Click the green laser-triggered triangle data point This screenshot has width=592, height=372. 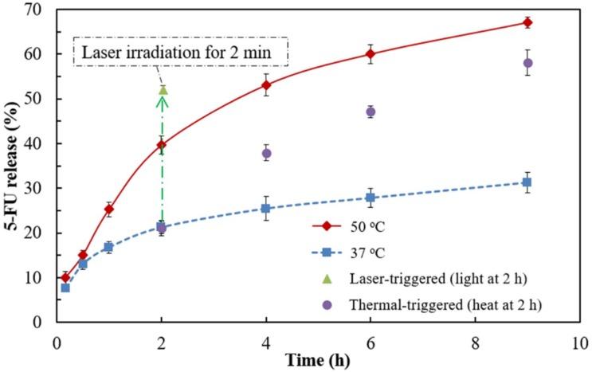coord(163,90)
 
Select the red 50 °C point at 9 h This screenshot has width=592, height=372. coord(527,22)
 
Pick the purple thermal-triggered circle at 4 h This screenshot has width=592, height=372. coord(266,153)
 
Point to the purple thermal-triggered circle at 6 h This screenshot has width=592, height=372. coord(370,112)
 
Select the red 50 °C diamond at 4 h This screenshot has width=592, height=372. coord(266,85)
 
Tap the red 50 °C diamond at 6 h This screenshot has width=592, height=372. coord(370,54)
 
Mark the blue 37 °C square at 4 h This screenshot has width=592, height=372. coord(266,208)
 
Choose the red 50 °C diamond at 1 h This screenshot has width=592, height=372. coord(108,209)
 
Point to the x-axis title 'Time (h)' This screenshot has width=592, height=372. coord(319,360)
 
